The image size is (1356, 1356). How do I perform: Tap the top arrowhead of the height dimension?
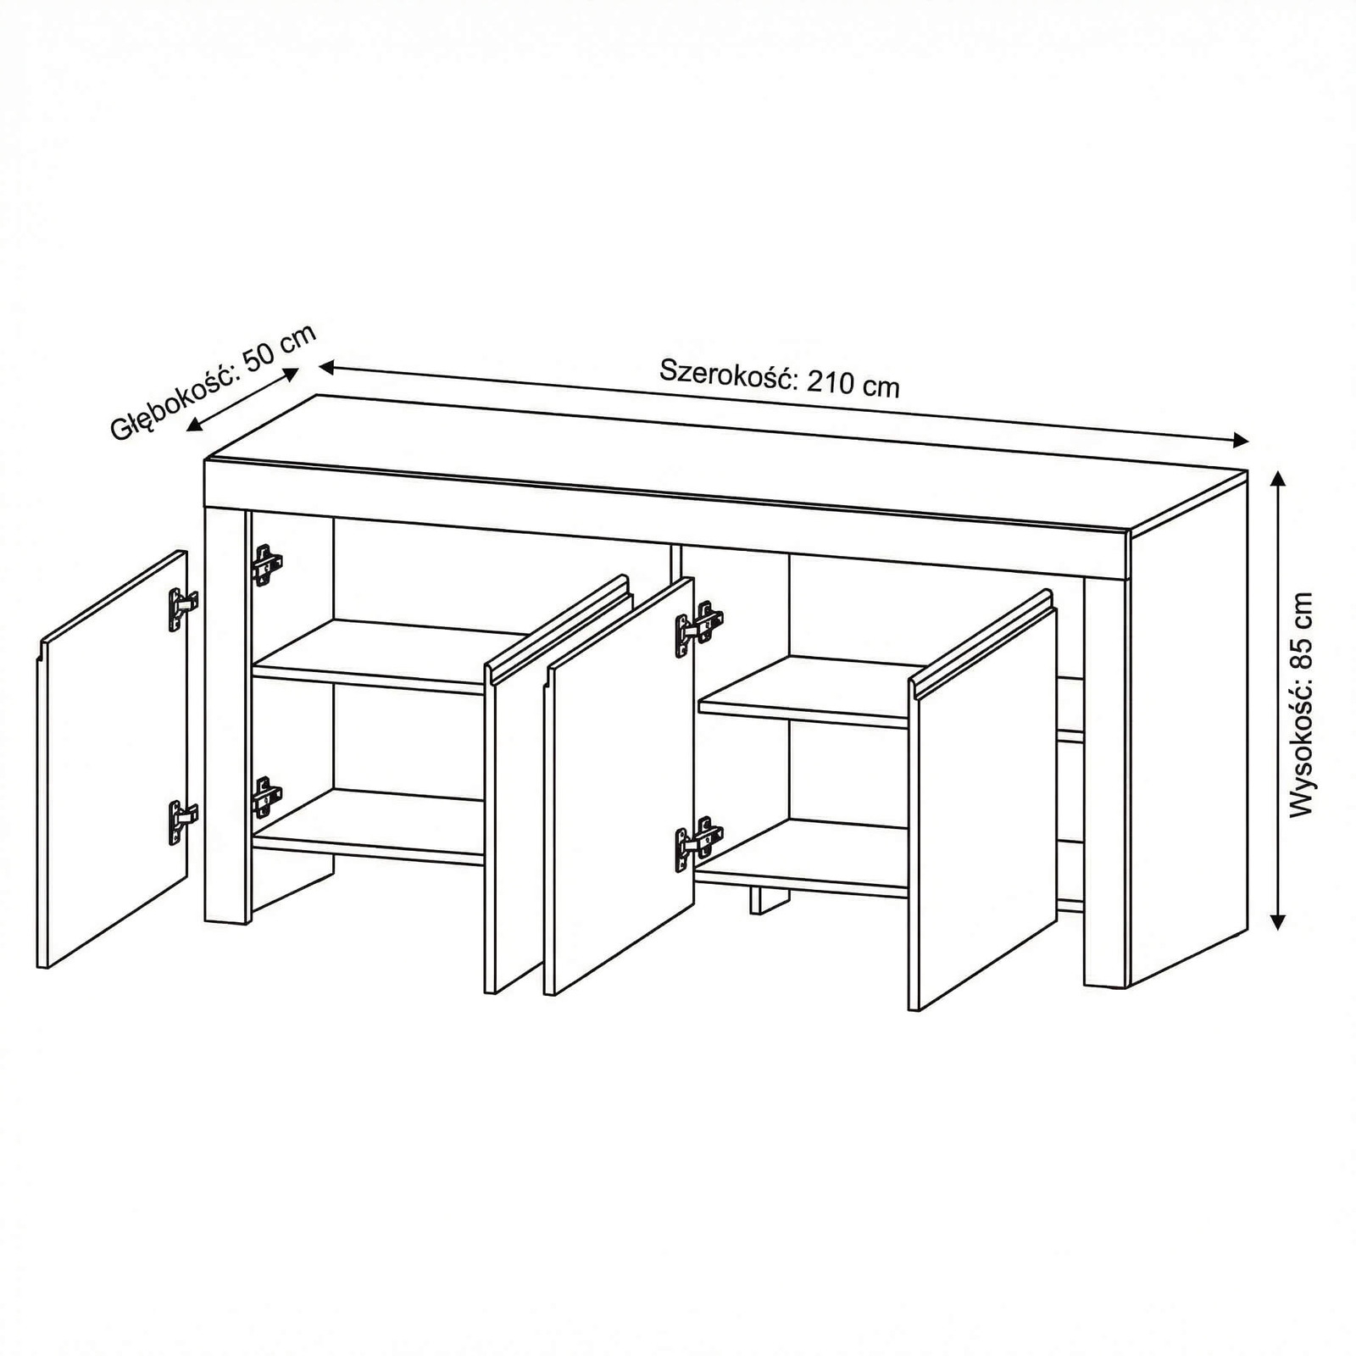[x=1279, y=480]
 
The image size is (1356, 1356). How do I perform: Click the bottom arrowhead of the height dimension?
[x=1279, y=920]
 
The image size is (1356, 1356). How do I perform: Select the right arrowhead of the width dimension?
[x=1239, y=439]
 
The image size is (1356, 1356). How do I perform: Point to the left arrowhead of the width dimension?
[x=329, y=367]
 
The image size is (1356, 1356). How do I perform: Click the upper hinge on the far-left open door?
[x=182, y=609]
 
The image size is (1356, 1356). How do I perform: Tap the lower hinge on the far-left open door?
[x=182, y=821]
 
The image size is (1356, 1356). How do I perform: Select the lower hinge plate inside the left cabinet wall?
[x=266, y=797]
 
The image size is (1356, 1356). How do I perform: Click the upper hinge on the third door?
[x=698, y=629]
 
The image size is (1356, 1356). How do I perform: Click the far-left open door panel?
[x=113, y=759]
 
